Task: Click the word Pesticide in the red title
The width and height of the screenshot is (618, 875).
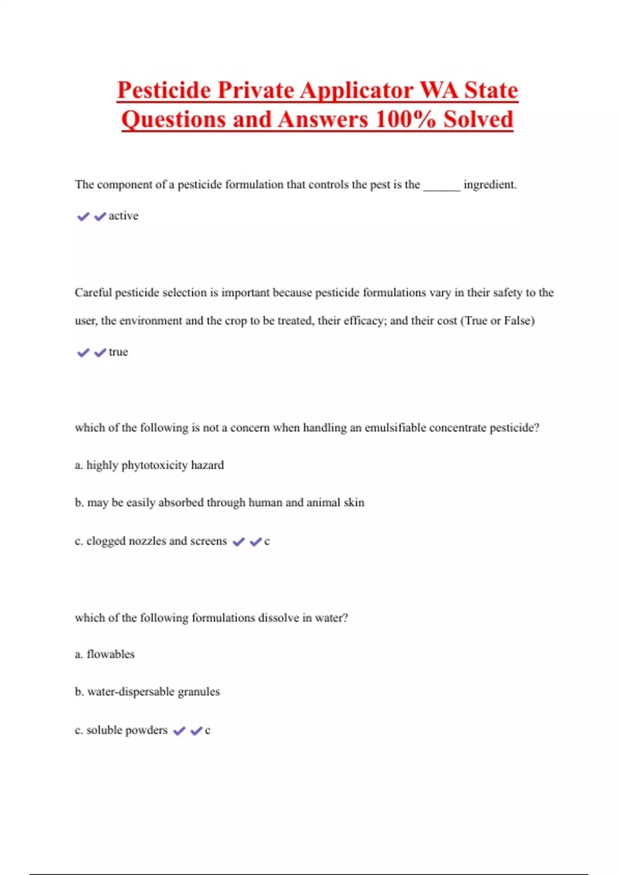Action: (x=164, y=91)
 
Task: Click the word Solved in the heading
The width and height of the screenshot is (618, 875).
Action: (x=478, y=120)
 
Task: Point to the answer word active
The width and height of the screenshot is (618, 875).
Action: (x=124, y=216)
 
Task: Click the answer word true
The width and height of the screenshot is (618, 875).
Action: (x=118, y=352)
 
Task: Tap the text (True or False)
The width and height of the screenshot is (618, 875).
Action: (x=497, y=321)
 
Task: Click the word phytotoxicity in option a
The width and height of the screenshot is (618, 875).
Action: (x=154, y=465)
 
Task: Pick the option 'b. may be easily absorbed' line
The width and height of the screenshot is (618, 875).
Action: (x=219, y=503)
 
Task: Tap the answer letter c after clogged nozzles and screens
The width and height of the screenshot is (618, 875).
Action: (x=267, y=541)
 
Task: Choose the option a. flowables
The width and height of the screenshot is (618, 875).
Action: (x=105, y=654)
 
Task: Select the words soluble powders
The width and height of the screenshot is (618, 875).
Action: (x=127, y=730)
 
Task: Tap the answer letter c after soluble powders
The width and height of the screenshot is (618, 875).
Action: (x=208, y=731)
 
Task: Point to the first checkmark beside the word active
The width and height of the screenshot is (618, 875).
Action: (x=83, y=217)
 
